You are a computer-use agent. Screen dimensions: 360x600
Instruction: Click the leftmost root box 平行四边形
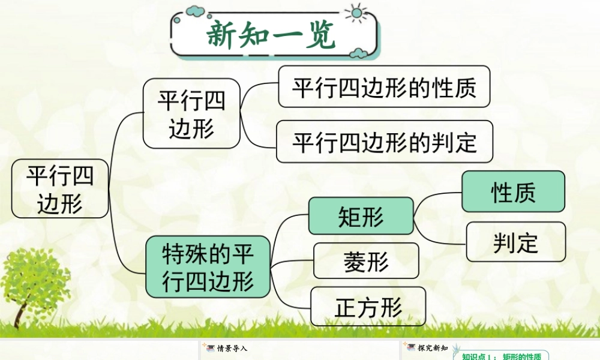point(60,188)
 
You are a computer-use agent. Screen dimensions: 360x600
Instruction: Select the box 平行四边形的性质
point(384,87)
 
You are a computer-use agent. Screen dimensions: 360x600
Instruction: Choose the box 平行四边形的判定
point(384,142)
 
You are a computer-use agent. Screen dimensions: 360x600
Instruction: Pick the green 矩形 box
point(361,216)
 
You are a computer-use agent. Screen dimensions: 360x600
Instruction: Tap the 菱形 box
point(366,261)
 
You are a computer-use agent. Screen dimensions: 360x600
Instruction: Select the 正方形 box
point(368,307)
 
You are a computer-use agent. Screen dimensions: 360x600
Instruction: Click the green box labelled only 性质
point(513,191)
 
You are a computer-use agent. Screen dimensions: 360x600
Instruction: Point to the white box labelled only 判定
point(516,242)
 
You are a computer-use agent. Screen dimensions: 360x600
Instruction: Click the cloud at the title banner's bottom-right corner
point(359,53)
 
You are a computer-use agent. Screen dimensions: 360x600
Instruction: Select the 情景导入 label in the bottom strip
point(232,349)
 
